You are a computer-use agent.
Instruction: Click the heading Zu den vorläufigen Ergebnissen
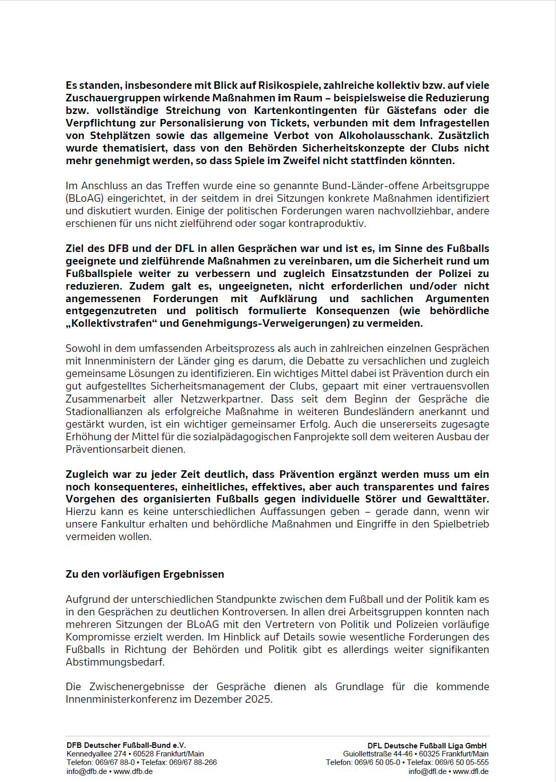(145, 574)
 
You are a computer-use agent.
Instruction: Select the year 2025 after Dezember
(257, 699)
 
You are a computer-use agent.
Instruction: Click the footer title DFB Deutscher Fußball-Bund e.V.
(126, 745)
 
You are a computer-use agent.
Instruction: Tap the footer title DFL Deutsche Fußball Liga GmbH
(427, 745)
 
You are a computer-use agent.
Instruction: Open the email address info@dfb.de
(86, 771)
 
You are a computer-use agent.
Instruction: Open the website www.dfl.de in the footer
(470, 771)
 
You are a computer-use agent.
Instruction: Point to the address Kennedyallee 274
(96, 754)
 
